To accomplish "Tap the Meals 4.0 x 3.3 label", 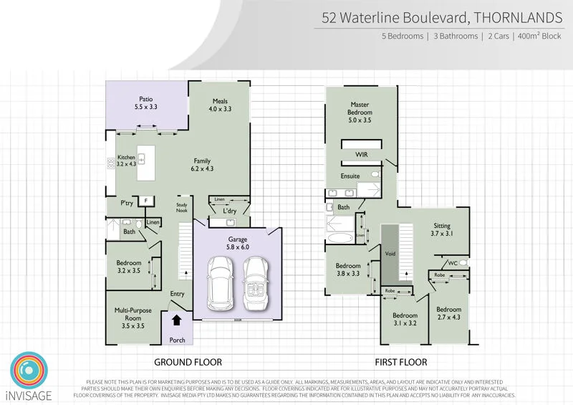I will point(220,105).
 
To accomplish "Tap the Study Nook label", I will point(182,209).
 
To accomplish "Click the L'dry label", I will point(229,211).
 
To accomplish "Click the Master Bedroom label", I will point(360,109).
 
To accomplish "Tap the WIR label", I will point(361,154).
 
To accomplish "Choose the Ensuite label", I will point(350,176).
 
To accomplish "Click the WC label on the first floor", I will point(453,263).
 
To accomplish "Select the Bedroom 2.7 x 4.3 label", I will point(450,314).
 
